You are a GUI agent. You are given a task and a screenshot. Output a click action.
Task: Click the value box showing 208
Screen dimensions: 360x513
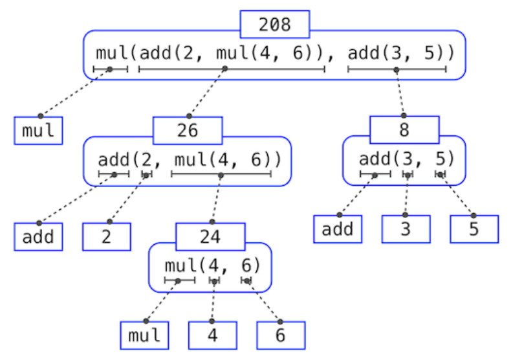(x=274, y=25)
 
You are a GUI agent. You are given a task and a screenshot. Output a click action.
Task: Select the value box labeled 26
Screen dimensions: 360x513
(x=188, y=131)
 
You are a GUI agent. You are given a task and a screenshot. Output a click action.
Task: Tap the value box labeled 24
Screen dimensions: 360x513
(x=210, y=237)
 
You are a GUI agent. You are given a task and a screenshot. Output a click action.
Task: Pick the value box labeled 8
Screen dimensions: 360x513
(x=404, y=130)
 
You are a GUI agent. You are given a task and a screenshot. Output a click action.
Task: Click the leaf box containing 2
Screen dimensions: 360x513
(x=106, y=237)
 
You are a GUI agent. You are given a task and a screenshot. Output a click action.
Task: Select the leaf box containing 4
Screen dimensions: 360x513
(x=212, y=335)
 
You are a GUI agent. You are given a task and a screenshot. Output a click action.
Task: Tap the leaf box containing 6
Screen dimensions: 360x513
(x=281, y=335)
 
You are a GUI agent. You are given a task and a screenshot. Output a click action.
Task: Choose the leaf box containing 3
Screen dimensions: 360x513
(x=406, y=229)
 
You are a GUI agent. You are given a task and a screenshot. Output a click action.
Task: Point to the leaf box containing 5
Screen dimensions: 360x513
(x=474, y=229)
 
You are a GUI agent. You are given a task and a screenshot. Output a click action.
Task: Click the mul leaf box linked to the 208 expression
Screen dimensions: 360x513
(x=38, y=131)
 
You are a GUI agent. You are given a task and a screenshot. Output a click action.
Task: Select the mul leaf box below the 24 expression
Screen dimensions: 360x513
(x=144, y=335)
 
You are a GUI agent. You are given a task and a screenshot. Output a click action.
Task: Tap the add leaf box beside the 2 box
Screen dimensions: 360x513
(x=38, y=237)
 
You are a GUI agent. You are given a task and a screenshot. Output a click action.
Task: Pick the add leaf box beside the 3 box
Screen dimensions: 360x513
(x=338, y=229)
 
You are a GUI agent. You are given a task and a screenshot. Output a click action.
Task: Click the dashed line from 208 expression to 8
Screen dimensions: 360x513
(x=399, y=92)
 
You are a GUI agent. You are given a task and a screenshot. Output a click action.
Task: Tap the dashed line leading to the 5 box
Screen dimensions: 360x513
(x=457, y=194)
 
